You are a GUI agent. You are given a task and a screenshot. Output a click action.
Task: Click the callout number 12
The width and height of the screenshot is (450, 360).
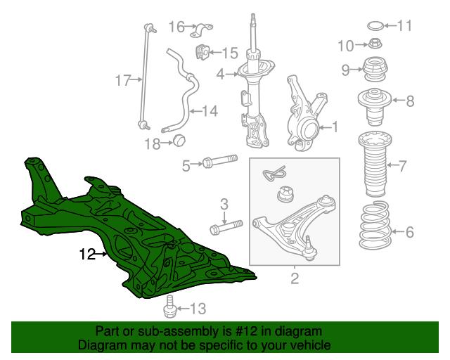pyautogui.click(x=86, y=255)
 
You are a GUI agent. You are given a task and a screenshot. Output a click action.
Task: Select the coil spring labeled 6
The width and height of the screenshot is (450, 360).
pyautogui.click(x=376, y=226)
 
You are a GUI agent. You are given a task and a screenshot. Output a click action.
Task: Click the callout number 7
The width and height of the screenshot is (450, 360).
pyautogui.click(x=402, y=167)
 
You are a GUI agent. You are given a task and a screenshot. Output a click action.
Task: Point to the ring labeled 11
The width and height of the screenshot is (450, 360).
pyautogui.click(x=377, y=27)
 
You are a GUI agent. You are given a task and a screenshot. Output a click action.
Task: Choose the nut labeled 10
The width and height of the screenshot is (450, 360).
pyautogui.click(x=375, y=46)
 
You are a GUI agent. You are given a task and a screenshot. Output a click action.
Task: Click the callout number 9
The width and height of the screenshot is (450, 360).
pyautogui.click(x=345, y=69)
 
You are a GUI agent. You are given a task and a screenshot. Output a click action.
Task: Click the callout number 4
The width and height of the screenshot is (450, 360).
pyautogui.click(x=220, y=74)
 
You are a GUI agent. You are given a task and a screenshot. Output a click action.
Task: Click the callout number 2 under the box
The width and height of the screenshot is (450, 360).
pyautogui.click(x=294, y=279)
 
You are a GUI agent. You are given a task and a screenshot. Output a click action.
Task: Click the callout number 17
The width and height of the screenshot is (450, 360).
pyautogui.click(x=123, y=80)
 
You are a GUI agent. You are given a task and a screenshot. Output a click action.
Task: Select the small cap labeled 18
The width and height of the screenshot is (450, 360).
pyautogui.click(x=179, y=139)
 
